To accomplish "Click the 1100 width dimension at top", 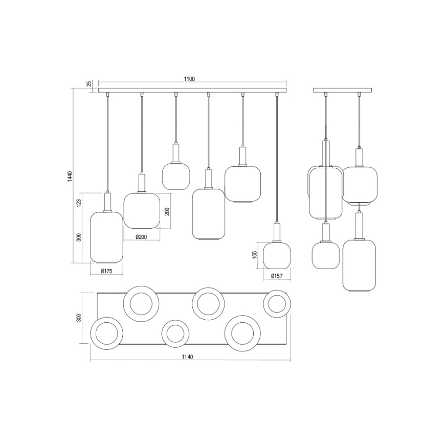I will [189, 79].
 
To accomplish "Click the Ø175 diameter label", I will [106, 271].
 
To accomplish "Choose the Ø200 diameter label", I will [142, 236].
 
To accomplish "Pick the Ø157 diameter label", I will [277, 276].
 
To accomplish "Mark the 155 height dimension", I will [255, 255].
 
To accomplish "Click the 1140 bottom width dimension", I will [187, 357].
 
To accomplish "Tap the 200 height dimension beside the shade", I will [167, 211].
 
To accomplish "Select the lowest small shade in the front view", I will [277, 255].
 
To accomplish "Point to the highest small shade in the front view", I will [176, 175].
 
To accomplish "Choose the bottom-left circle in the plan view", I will [106, 334].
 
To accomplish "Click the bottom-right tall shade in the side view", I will [360, 265].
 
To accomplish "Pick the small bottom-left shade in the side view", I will [326, 254].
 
